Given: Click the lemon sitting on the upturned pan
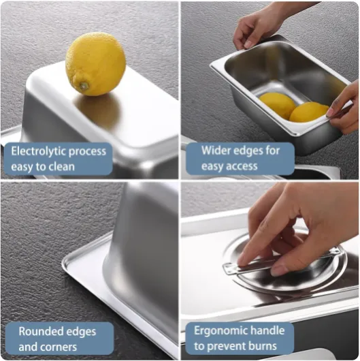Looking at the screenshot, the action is [x=95, y=64].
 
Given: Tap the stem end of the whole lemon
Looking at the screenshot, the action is [x=84, y=86].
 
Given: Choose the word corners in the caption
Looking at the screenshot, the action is [x=58, y=347].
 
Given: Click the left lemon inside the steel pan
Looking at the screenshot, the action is [x=277, y=106].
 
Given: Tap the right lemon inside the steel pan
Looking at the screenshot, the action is [x=308, y=112].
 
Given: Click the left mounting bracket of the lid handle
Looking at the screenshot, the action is [x=229, y=269].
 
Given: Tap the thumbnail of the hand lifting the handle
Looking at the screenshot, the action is [x=279, y=271].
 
